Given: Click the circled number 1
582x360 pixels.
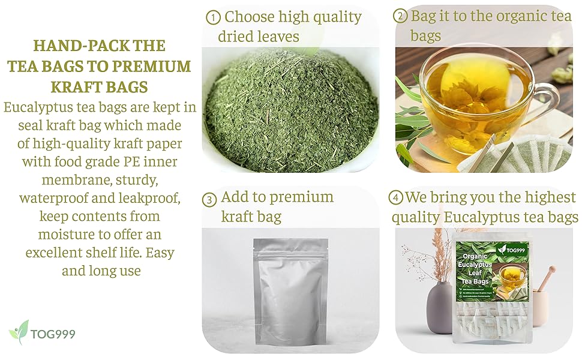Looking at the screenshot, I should click(x=213, y=17).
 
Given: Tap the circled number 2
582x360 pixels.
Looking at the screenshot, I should click(x=400, y=16).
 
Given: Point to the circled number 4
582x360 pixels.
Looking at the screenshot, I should click(x=397, y=198).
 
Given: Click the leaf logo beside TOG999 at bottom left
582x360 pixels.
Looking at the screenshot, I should click(x=19, y=332).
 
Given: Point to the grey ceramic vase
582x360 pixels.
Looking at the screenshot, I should click(x=442, y=306).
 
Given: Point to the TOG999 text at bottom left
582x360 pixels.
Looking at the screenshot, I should click(x=54, y=334).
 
